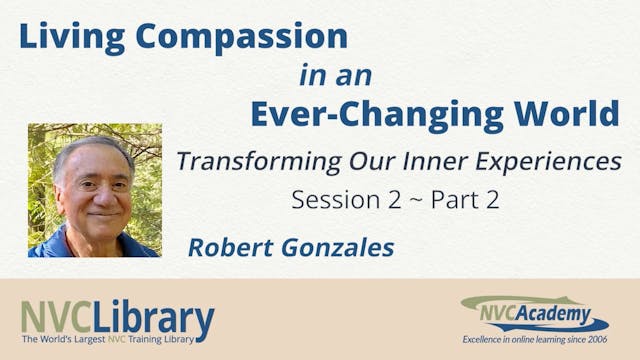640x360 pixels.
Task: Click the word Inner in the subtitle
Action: click(x=404, y=160)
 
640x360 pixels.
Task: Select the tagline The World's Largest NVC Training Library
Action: click(x=116, y=346)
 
